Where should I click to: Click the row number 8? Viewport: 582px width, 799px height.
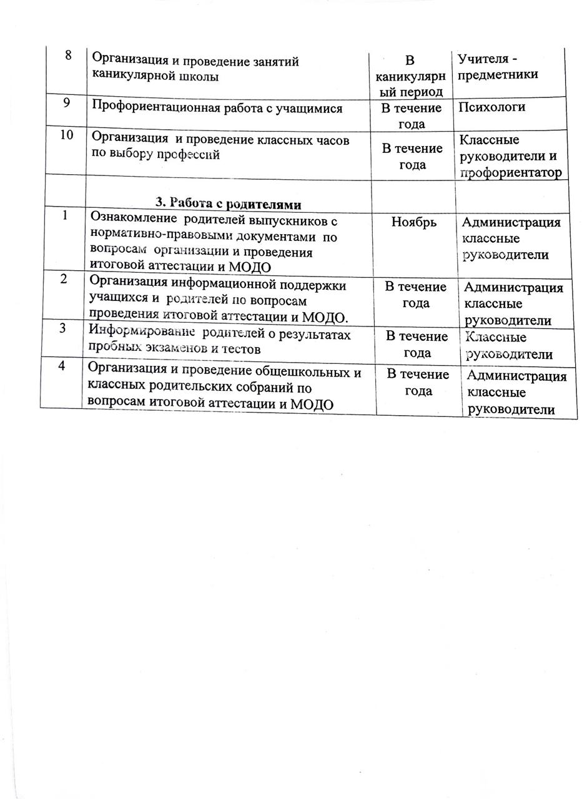(67, 56)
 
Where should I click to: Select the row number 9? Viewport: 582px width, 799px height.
(66, 103)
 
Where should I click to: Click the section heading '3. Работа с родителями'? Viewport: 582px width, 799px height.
(229, 203)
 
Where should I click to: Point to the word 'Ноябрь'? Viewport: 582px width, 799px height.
(413, 222)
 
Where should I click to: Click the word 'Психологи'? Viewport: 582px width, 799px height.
(491, 107)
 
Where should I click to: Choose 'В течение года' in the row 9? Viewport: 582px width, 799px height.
(412, 116)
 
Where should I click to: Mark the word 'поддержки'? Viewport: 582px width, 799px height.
(310, 285)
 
